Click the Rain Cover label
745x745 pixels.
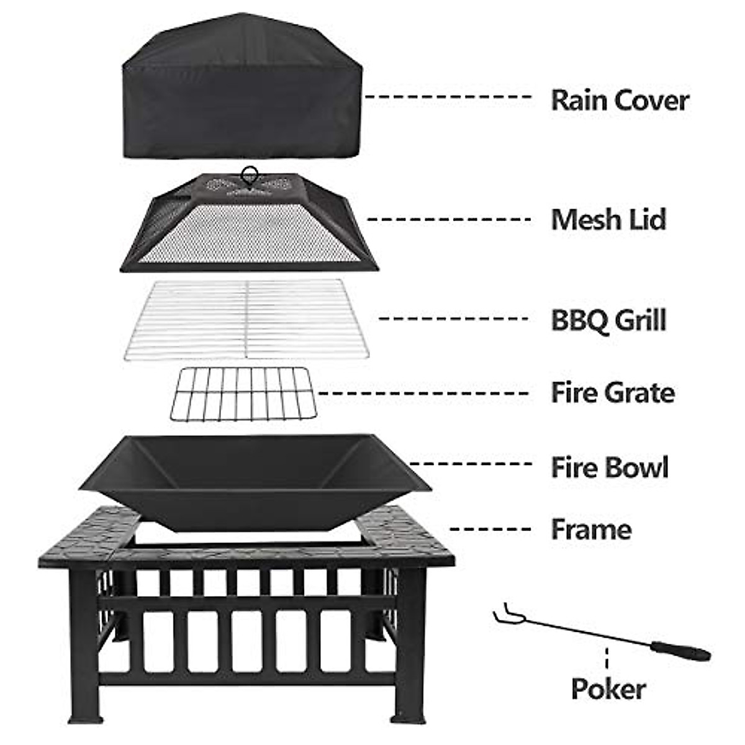click(x=620, y=101)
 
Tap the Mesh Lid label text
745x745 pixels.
click(x=608, y=220)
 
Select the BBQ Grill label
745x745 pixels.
click(x=608, y=320)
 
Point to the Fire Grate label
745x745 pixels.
click(x=613, y=393)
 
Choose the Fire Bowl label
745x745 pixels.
click(x=610, y=467)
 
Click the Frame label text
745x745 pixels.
click(x=591, y=530)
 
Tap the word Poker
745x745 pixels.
click(x=608, y=689)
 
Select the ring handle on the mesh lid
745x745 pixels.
click(x=250, y=173)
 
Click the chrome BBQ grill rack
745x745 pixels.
click(x=246, y=318)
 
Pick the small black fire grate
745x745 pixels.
click(x=242, y=394)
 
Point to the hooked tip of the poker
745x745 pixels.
click(x=504, y=615)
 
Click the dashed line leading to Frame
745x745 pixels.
click(x=490, y=529)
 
